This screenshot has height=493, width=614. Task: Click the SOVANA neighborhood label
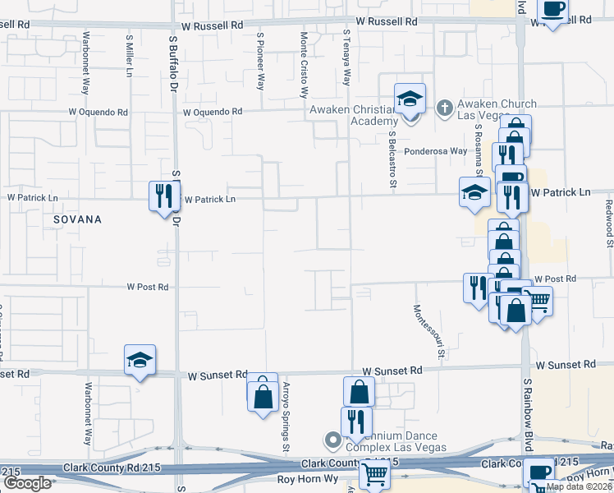(x=77, y=219)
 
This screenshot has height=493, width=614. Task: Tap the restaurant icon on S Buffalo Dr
(x=161, y=196)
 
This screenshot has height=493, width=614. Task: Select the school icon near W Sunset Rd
(x=140, y=360)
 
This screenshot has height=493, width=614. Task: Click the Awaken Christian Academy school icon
(x=410, y=99)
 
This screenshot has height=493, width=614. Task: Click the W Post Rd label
(x=148, y=287)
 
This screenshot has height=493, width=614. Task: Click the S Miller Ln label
(x=130, y=55)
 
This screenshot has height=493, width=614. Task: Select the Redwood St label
(x=609, y=222)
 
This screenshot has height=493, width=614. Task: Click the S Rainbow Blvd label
(x=529, y=403)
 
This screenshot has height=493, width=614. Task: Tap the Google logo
(x=27, y=483)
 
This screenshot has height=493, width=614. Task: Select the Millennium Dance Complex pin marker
(x=333, y=441)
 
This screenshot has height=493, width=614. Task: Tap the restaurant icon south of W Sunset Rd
(x=356, y=421)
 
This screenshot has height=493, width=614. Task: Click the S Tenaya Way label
(x=346, y=58)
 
